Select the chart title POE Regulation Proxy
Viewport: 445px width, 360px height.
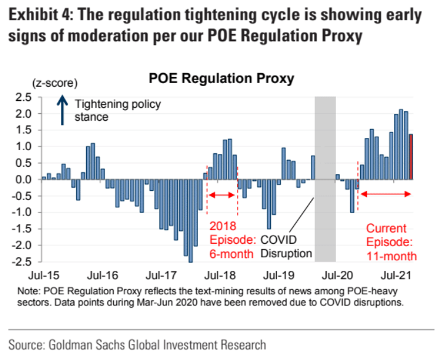pos(221,79)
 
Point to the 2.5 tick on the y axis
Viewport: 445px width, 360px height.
pos(24,97)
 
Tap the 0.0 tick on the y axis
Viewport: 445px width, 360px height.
pos(24,180)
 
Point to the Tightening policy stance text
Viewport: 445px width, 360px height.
pos(117,110)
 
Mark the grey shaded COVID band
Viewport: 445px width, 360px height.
pos(325,178)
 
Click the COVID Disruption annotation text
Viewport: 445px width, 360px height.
pos(287,246)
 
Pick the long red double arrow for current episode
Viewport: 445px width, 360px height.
pos(385,194)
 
